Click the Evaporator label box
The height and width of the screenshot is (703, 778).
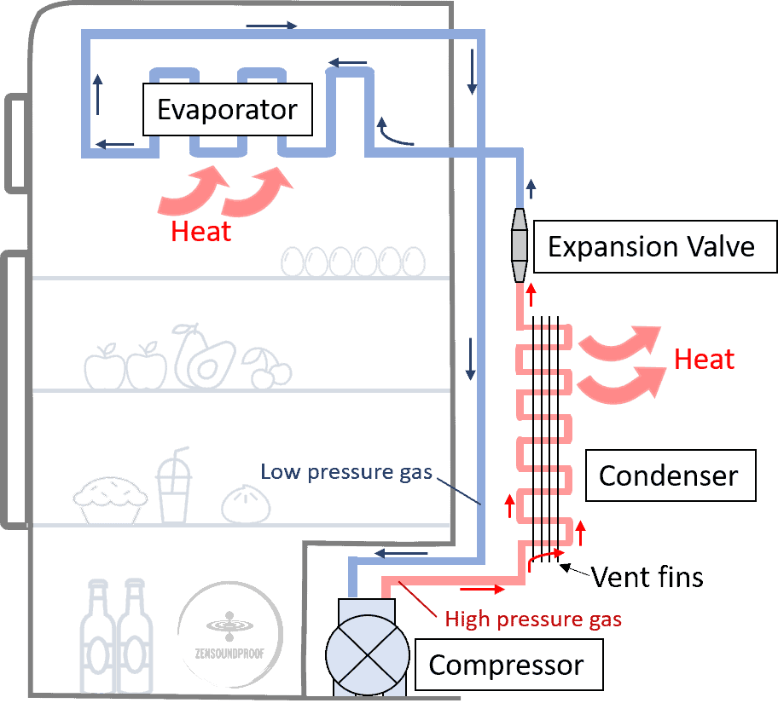pyautogui.click(x=228, y=110)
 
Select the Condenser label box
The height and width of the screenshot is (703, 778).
pyautogui.click(x=671, y=475)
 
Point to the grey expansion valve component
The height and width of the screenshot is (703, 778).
pyautogui.click(x=519, y=245)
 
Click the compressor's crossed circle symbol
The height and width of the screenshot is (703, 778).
pyautogui.click(x=368, y=655)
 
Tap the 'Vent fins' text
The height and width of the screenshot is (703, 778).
pyautogui.click(x=647, y=577)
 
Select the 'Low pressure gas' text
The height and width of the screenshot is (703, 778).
pyautogui.click(x=346, y=472)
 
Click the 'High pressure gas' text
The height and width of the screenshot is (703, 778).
pyautogui.click(x=533, y=619)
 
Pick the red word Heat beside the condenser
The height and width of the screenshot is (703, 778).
pyautogui.click(x=704, y=359)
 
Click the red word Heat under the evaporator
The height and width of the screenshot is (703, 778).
pyautogui.click(x=201, y=232)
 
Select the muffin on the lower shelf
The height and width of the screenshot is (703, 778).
pyautogui.click(x=110, y=499)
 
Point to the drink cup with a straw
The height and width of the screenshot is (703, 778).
pyautogui.click(x=174, y=485)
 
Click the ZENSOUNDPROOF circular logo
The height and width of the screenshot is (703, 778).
pyautogui.click(x=229, y=635)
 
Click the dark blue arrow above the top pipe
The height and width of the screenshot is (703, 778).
pyautogui.click(x=272, y=26)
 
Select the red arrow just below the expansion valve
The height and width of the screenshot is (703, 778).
pyautogui.click(x=531, y=295)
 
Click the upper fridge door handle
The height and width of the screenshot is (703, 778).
pyautogui.click(x=16, y=143)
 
